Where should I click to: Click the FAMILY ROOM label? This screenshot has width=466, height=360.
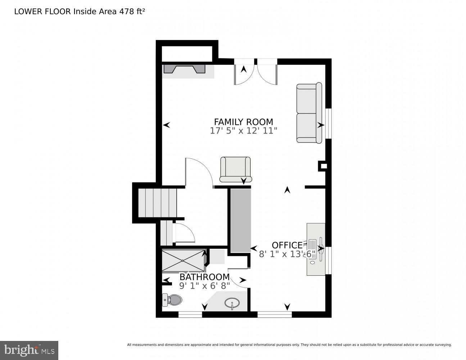click(x=243, y=122)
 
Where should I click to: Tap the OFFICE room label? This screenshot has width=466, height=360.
click(x=287, y=245)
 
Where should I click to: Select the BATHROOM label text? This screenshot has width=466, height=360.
click(x=204, y=277)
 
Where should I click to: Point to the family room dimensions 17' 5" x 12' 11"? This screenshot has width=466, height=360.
click(x=243, y=131)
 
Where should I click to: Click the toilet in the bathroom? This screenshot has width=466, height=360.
click(x=172, y=299)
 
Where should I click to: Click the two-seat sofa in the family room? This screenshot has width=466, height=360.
click(x=309, y=113)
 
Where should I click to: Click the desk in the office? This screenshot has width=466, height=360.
click(x=316, y=249)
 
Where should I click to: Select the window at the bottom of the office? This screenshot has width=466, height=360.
click(x=274, y=315)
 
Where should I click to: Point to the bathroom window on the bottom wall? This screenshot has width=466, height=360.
click(x=190, y=315)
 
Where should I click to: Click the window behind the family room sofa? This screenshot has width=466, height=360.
click(x=328, y=123)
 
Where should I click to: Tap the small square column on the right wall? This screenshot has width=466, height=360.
click(x=323, y=166)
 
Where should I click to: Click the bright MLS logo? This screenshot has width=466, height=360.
click(x=29, y=350)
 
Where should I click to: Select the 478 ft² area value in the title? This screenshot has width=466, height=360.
click(x=130, y=11)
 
